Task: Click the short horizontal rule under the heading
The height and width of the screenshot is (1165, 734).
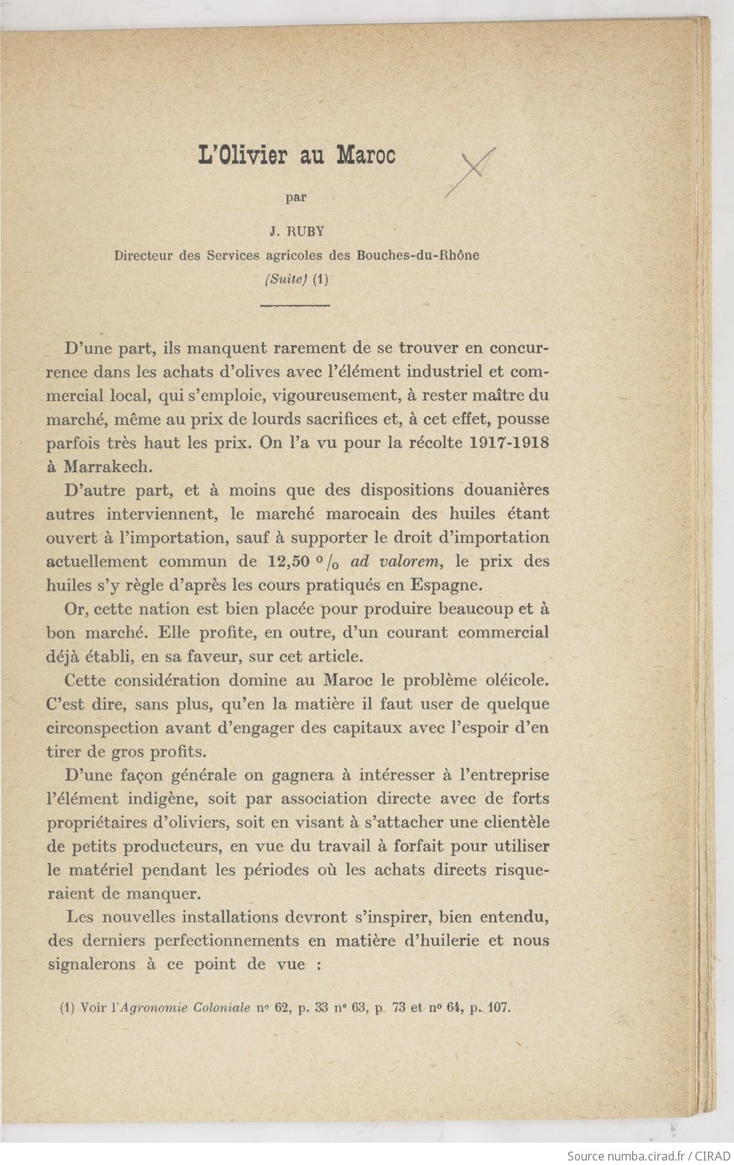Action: [294, 306]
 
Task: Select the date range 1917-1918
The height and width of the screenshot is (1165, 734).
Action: [509, 442]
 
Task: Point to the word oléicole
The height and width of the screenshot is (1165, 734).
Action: [513, 680]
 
